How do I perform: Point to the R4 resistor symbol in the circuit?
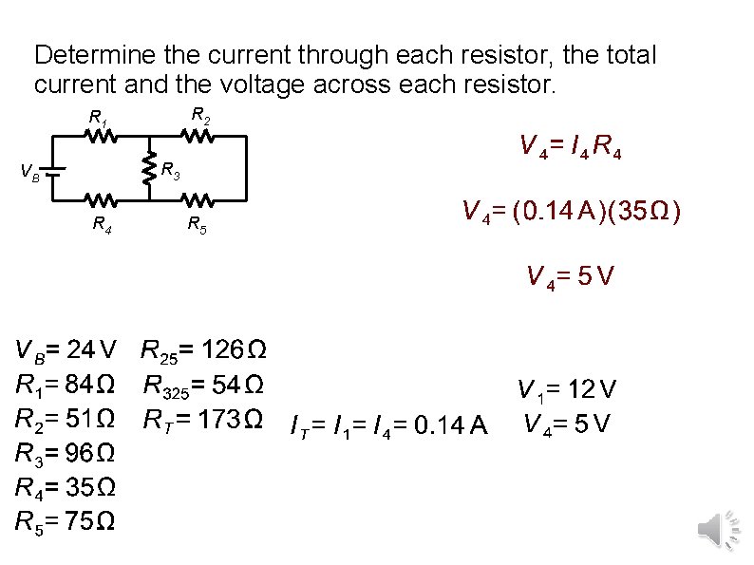tap(102, 201)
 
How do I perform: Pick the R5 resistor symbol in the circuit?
tap(198, 201)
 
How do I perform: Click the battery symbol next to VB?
tap(55, 173)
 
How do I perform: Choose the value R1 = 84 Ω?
tap(66, 386)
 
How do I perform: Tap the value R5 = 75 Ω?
tap(66, 520)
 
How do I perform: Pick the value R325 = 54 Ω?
tap(203, 386)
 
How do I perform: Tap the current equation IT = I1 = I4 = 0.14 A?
tap(388, 428)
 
